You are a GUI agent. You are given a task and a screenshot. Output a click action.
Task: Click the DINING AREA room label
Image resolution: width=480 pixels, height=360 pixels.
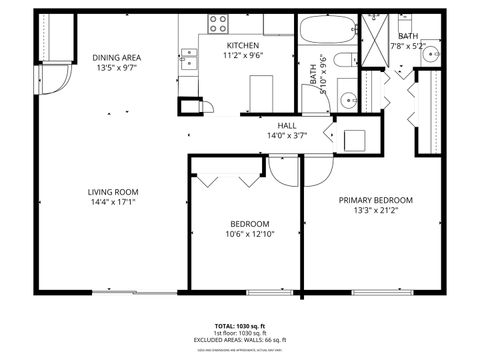pos(117,58)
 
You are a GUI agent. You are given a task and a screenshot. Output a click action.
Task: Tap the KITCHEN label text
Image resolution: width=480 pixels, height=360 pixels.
pos(243,46)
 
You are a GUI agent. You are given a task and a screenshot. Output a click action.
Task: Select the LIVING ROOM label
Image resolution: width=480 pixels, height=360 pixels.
pos(111,191)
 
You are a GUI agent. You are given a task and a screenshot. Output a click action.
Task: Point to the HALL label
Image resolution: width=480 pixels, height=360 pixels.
pos(285,125)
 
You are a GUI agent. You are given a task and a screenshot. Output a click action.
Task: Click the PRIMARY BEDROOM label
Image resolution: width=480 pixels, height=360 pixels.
pos(375,199)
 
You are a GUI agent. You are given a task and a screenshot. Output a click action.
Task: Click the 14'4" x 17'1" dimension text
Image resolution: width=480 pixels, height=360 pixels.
pos(111,202)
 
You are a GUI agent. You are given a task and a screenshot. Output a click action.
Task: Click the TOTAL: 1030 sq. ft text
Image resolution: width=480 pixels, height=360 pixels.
pos(240,326)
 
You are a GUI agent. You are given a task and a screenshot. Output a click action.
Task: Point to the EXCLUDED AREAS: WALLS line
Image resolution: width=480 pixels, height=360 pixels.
pos(240,340)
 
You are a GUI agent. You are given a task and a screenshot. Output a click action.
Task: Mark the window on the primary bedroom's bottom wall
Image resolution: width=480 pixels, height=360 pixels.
pos(385,292)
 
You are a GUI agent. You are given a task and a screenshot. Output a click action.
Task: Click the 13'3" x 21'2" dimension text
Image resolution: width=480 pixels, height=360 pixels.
pos(375,210)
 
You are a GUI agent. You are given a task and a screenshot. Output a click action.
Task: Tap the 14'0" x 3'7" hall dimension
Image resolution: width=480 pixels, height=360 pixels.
pos(285,135)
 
